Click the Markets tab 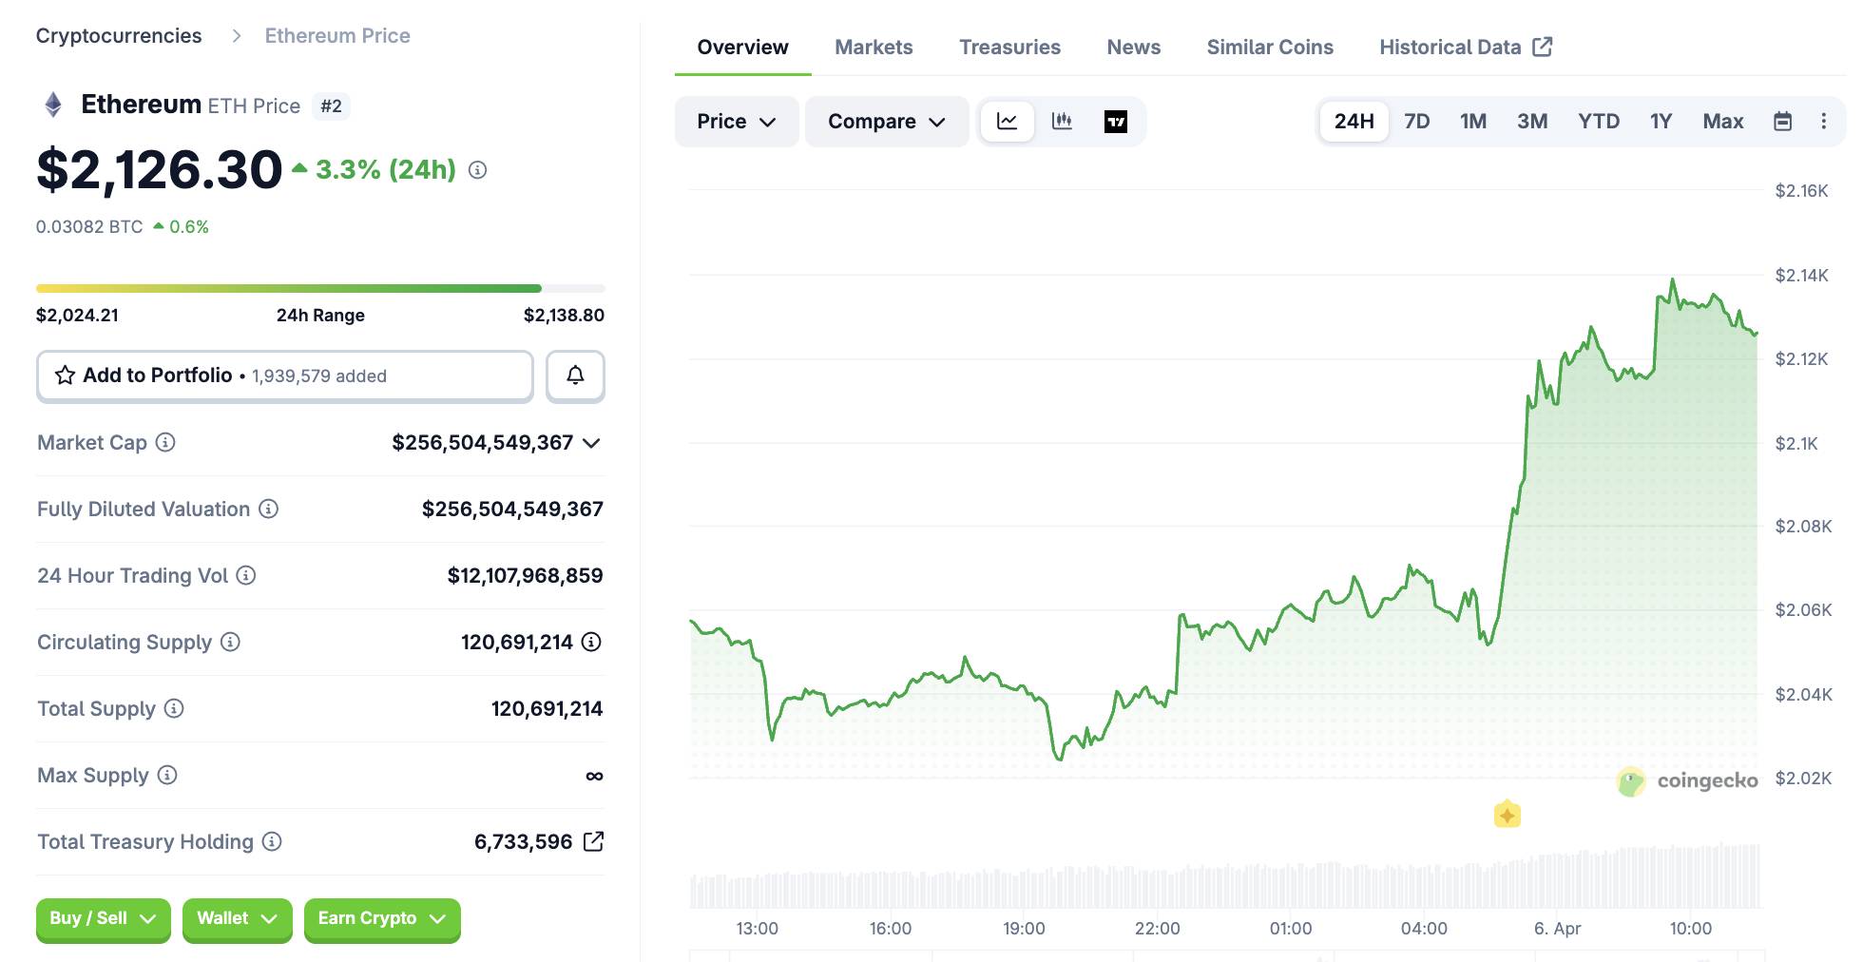873,48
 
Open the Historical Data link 1465,48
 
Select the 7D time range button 1416,122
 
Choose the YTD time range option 1598,122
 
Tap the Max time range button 1722,122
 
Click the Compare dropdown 886,122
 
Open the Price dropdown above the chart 736,122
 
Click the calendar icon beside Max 1782,122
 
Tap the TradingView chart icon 1115,122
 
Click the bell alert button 575,375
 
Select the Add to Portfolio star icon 65,375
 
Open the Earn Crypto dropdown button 381,918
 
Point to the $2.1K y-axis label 1796,443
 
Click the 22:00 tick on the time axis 1157,929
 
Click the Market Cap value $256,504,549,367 482,443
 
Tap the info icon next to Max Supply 167,776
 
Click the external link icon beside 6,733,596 593,841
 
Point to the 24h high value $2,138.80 564,316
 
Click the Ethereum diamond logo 53,105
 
